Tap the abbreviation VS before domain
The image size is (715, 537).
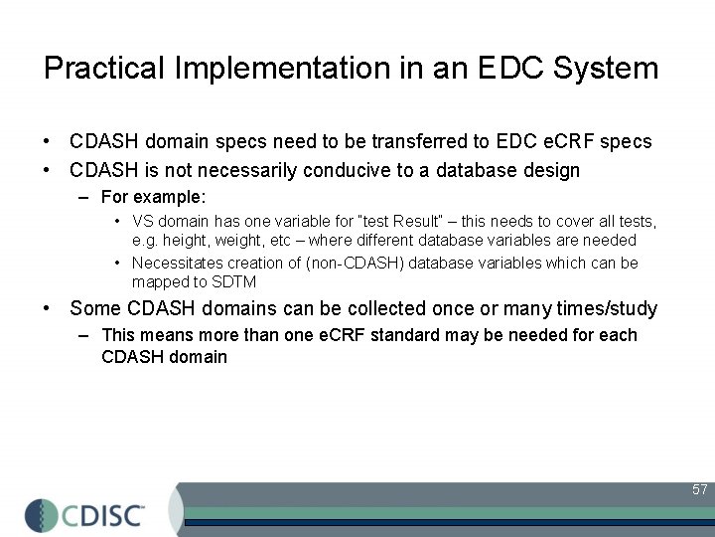point(143,221)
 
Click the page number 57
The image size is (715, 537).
point(699,489)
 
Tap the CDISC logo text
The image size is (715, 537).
point(104,515)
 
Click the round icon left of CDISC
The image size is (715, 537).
point(43,515)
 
